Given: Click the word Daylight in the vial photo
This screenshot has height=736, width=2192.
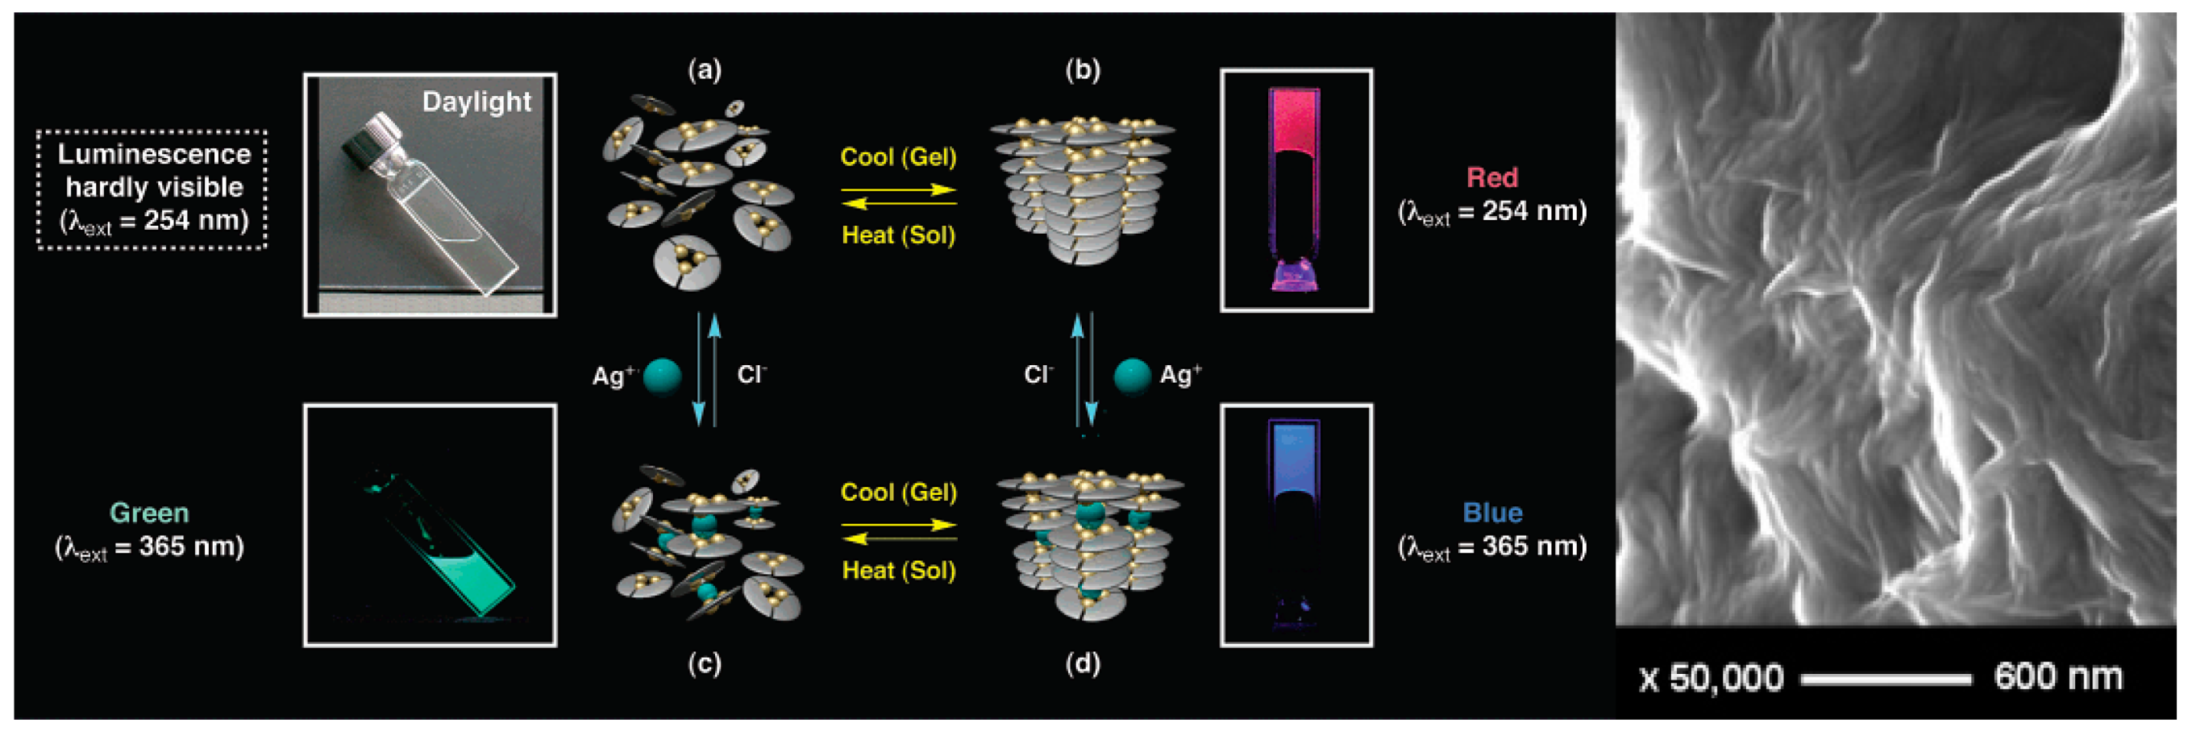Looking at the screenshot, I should coord(476,102).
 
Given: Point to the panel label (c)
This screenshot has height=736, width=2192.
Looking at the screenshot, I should coord(705,663).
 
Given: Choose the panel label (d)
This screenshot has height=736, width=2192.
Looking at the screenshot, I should coord(1083,663).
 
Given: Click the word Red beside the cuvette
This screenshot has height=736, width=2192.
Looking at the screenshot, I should coord(1491,178).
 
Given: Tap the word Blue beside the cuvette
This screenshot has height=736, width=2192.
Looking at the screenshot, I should coord(1491,513).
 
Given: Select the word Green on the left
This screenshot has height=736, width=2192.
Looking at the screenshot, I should coord(150,513).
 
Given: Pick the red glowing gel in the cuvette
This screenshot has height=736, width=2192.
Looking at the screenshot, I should coord(1294,123).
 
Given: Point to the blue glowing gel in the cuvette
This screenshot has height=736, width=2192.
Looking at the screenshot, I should coord(1293,459).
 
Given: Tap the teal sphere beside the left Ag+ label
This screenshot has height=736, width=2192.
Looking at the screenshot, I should coord(662,377).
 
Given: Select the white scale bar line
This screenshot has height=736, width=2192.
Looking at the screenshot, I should coord(1886,679).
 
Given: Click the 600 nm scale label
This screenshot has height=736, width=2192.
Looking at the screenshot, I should coord(2057,677).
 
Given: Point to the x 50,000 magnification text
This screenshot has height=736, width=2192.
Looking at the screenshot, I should coord(1711,678).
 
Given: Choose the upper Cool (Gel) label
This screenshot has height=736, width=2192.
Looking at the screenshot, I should coord(898,157).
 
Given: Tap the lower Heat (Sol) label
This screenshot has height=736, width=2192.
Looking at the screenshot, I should coord(899,571).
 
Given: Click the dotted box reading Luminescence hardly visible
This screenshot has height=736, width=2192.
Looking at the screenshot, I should coord(152,189).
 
